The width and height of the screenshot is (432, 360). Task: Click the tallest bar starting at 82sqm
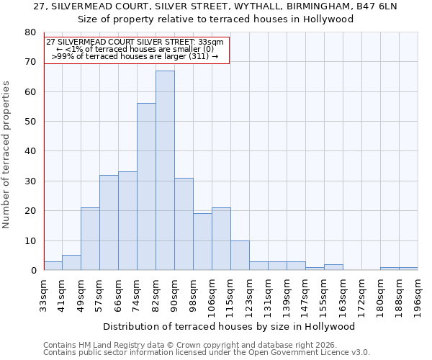[x=165, y=171]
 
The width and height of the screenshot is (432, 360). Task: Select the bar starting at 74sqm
[x=146, y=186]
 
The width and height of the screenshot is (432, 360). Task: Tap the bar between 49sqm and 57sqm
[x=90, y=239]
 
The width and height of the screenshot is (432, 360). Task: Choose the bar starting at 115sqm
[x=240, y=255]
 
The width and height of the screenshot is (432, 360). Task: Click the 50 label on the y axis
[x=30, y=122]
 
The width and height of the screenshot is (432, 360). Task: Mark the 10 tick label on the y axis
[x=30, y=240]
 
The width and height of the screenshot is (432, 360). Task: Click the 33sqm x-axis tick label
[x=44, y=294]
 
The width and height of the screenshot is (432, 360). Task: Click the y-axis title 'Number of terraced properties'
[x=6, y=155]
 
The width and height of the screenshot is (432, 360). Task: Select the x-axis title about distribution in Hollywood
[x=229, y=326]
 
